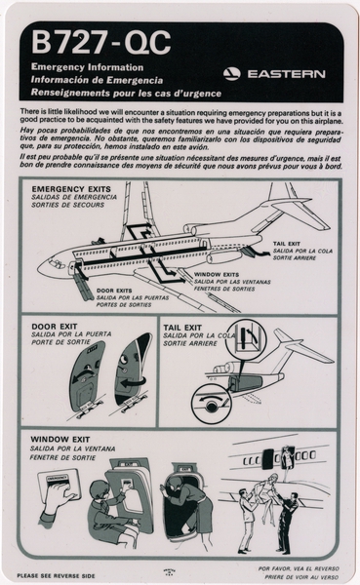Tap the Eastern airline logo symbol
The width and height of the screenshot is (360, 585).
(231, 73)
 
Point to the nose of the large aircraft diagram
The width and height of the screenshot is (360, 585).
(42, 266)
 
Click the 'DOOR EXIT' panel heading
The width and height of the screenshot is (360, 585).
(59, 328)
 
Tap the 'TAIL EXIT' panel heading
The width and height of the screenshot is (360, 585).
(183, 328)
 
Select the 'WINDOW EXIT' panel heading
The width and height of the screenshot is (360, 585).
(64, 440)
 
